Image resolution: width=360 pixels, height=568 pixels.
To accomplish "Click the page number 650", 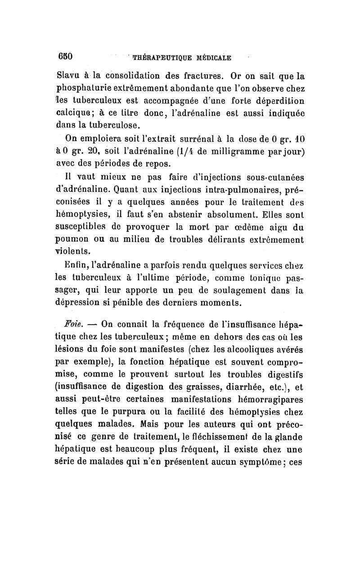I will (65, 57).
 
